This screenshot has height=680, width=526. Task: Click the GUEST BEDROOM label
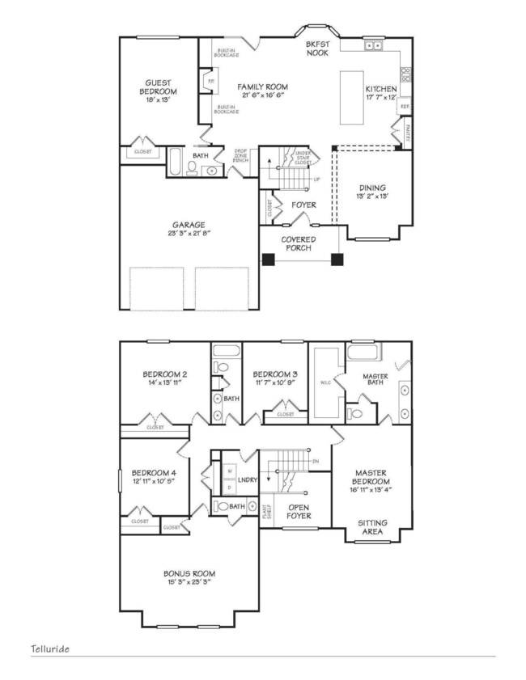[162, 87]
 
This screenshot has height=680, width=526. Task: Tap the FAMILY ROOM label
[262, 87]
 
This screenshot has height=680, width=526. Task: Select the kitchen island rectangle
[350, 97]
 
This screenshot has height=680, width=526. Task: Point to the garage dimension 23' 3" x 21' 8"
[188, 234]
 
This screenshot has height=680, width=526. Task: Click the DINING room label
[373, 188]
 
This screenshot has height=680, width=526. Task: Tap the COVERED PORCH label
[298, 244]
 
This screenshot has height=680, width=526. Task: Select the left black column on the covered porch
[268, 260]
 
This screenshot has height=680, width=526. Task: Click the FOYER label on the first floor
[303, 205]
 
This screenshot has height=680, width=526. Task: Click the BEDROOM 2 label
[165, 374]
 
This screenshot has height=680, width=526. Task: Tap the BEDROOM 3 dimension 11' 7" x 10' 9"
[275, 383]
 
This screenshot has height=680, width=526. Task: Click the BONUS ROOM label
[189, 573]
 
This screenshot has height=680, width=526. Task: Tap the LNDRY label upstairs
[248, 479]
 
